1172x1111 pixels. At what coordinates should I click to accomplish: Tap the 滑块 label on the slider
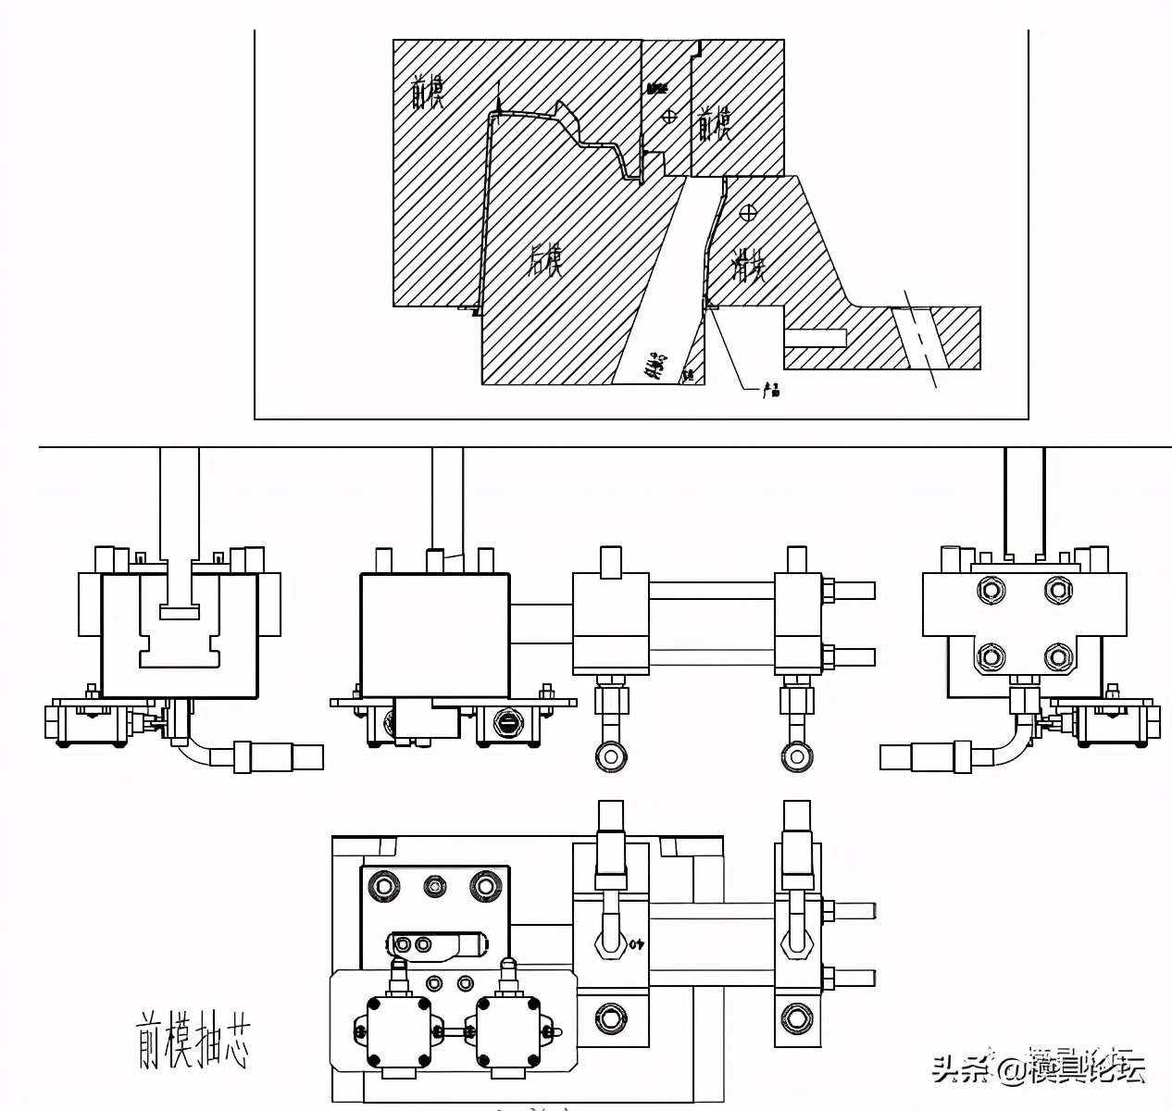point(749,266)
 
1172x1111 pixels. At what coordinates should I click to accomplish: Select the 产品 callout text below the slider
point(770,391)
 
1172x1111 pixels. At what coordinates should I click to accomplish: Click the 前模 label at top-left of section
point(428,93)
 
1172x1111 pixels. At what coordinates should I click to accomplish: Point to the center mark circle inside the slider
point(748,212)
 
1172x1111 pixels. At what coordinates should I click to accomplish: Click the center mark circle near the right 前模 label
point(669,116)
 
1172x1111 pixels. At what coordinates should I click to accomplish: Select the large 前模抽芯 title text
point(193,1039)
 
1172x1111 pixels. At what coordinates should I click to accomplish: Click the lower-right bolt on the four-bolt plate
point(1057,657)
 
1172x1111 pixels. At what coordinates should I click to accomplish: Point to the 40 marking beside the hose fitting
point(637,945)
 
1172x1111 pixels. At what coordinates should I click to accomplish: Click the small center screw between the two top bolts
point(433,885)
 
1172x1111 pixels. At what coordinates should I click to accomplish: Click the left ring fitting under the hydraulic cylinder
point(608,756)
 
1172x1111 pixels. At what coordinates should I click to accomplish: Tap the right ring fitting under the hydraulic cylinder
point(796,756)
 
